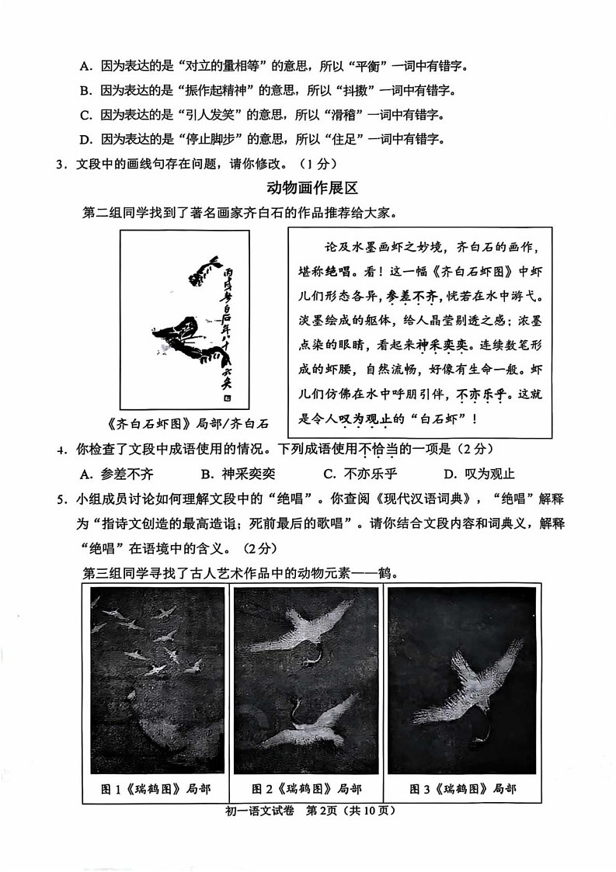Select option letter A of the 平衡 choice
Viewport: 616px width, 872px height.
pyautogui.click(x=85, y=67)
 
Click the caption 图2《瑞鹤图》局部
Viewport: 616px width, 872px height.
pyautogui.click(x=308, y=789)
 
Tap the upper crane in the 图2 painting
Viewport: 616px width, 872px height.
pyautogui.click(x=311, y=629)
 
